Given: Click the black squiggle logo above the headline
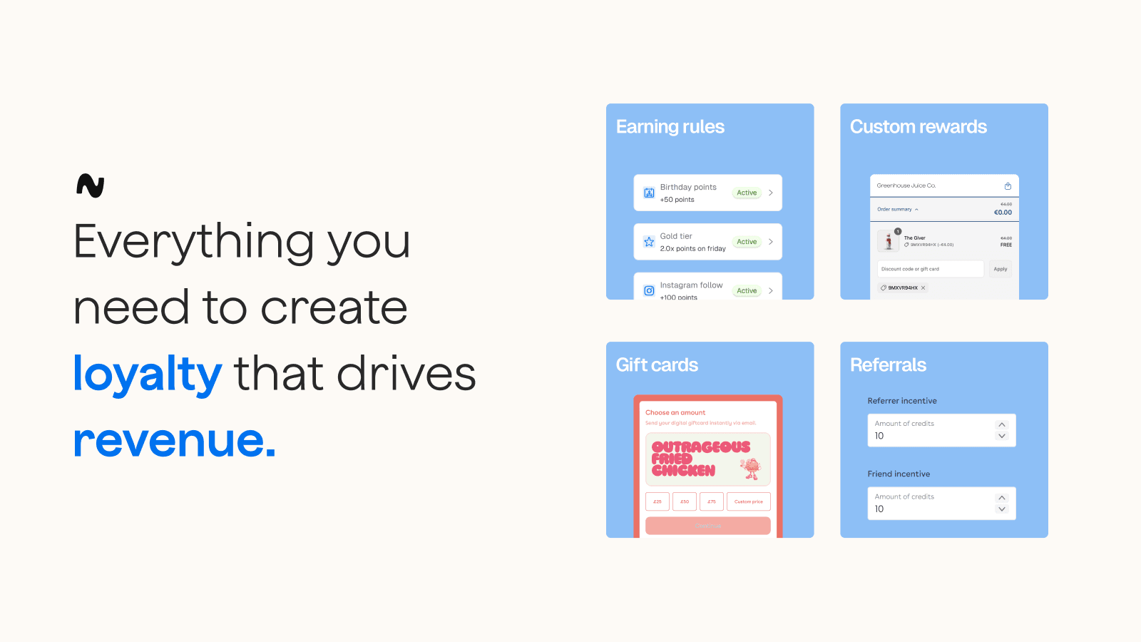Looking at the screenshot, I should coord(91,185).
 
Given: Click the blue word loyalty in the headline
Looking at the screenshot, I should coord(148,374).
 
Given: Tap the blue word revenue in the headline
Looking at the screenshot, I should coord(174,439).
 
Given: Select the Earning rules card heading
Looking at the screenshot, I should coord(670,127).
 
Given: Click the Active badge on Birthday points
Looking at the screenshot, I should coord(747,193).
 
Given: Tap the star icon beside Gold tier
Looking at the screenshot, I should coord(649,242).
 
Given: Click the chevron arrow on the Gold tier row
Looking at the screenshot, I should coord(771,242).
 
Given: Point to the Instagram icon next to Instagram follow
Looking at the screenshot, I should coord(649,290).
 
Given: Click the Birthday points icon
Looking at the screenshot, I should coord(649,193).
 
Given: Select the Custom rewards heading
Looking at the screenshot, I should coord(918,127).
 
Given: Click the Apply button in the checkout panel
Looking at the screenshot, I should coord(1001,269).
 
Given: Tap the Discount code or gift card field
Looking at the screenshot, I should coord(930,269).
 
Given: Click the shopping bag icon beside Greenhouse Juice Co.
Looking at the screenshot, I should coord(1008,186).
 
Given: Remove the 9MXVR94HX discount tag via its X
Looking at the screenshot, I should coord(923,288).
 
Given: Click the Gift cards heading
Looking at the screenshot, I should coord(657,365).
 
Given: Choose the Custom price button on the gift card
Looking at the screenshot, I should coord(748,501).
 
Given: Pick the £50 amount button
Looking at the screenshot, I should coord(685,501).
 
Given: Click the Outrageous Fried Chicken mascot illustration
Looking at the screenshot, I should coord(749,469).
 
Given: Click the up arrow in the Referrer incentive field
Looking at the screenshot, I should coord(1002,424).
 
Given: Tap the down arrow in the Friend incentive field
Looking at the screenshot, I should coord(1002,509).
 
